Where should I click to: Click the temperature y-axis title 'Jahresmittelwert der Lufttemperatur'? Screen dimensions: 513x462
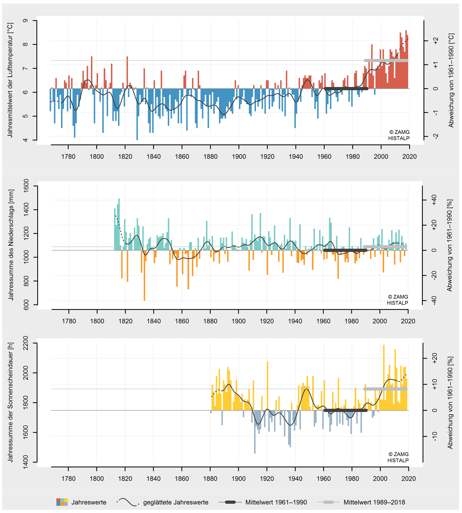coord(10,80)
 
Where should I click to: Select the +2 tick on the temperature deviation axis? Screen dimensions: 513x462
coord(436,41)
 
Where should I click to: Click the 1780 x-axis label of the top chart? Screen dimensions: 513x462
coord(68,156)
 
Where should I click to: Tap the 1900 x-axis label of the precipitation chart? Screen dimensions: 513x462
coord(238,321)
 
